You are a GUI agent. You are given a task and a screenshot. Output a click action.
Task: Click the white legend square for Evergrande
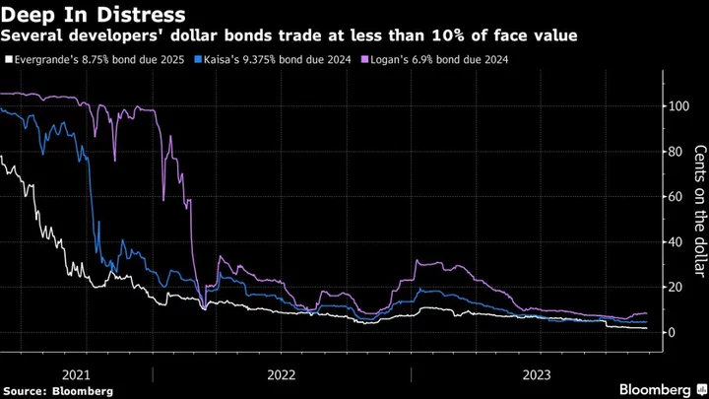(8, 60)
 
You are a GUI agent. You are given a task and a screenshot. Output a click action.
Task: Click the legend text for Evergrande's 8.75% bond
(100, 60)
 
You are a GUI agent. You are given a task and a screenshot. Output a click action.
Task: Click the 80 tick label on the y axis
(674, 152)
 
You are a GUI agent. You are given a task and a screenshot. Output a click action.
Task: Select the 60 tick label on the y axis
(674, 197)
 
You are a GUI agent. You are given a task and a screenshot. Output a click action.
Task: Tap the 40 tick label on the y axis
(674, 242)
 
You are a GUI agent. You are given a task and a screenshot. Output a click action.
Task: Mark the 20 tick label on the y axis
(674, 288)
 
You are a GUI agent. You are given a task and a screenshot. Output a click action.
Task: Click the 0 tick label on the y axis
(671, 333)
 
